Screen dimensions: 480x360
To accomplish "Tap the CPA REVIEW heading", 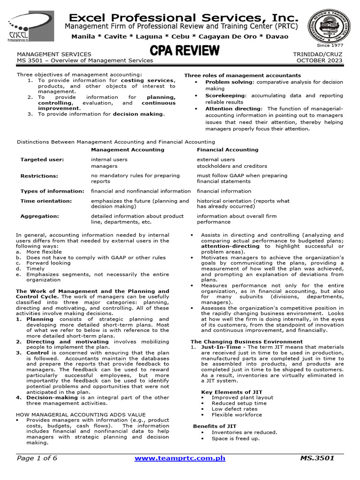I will point(184,50).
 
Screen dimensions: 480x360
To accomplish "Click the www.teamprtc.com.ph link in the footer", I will point(181,458).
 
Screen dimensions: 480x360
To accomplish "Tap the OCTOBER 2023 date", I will point(320,60).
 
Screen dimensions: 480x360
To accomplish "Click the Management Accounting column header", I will point(127,150).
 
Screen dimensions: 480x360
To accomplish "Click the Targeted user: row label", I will point(42,159).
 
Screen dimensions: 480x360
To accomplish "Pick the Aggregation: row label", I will point(40,216).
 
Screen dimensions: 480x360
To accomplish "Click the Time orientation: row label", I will point(46,201).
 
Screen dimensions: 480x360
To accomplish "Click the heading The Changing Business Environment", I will point(247,342).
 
